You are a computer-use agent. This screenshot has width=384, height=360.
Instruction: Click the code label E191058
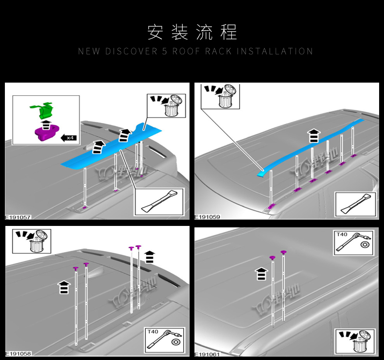pos(17,354)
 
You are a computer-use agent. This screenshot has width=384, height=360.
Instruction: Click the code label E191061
pos(207,354)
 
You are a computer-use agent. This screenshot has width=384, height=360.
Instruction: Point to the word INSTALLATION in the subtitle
pos(275,51)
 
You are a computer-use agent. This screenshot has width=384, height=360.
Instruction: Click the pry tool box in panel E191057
pos(158,202)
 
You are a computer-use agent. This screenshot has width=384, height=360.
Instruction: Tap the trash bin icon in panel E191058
pos(32,241)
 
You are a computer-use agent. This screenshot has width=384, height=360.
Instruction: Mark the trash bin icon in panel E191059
pos(222,96)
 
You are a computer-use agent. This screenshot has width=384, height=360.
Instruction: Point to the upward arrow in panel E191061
pos(262,274)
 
